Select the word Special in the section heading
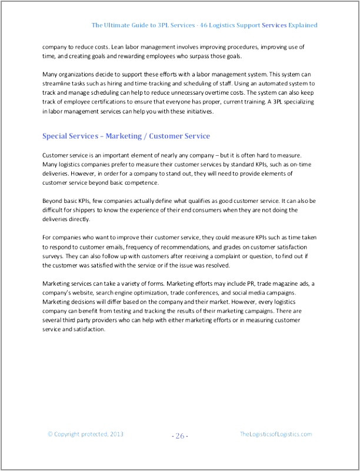coord(56,136)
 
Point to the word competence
coord(137,182)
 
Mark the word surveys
coord(55,256)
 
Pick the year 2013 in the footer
coord(115,434)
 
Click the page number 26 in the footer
coord(180,436)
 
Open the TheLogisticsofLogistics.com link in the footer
coord(276,434)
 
